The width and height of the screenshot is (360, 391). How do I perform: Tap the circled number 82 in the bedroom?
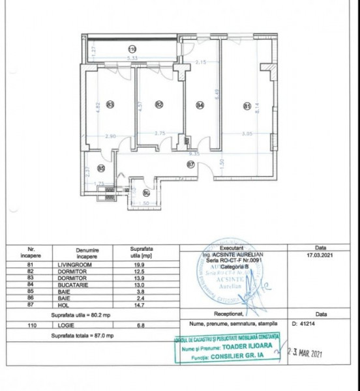pyautogui.click(x=158, y=104)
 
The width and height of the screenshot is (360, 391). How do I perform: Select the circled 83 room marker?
pyautogui.click(x=110, y=104)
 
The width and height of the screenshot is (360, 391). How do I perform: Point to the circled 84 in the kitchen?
pyautogui.click(x=200, y=104)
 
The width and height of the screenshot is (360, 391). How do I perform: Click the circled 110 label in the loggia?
pyautogui.click(x=132, y=49)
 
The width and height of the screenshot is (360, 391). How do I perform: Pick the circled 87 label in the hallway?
pyautogui.click(x=191, y=164)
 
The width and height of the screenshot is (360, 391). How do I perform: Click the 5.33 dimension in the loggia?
pyautogui.click(x=132, y=58)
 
